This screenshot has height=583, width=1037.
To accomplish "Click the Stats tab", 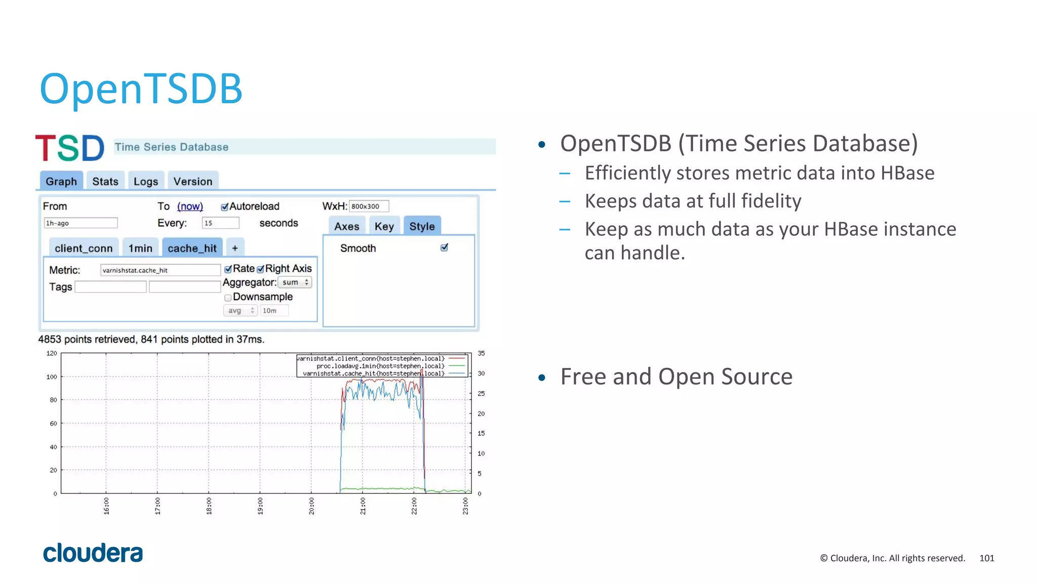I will pyautogui.click(x=105, y=181).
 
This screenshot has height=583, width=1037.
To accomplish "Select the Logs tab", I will pyautogui.click(x=146, y=181).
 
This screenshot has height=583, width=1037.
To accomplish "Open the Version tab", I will pyautogui.click(x=193, y=181).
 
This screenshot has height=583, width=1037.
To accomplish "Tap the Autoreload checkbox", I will pyautogui.click(x=224, y=206).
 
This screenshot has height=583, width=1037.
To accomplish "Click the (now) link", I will pyautogui.click(x=190, y=206).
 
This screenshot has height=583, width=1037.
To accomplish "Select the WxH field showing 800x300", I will pyautogui.click(x=369, y=206).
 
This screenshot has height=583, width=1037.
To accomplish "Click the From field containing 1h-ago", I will pyautogui.click(x=81, y=223).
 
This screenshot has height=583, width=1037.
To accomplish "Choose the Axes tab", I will pyautogui.click(x=346, y=226).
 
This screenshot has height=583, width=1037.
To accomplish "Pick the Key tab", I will pyautogui.click(x=384, y=226).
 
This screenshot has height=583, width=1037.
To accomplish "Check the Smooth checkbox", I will pyautogui.click(x=444, y=247).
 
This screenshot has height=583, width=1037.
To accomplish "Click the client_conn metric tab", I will pyautogui.click(x=84, y=248).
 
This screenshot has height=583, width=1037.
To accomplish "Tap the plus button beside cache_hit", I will pyautogui.click(x=235, y=248).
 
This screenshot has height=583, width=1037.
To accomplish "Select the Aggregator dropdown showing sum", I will pyautogui.click(x=295, y=282).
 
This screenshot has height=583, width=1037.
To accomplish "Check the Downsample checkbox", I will pyautogui.click(x=228, y=298).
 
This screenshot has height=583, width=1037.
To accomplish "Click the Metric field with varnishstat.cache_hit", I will pyautogui.click(x=160, y=270).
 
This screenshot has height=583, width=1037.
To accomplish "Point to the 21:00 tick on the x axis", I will pyautogui.click(x=363, y=506).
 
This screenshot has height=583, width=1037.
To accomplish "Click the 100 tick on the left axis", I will pyautogui.click(x=52, y=377).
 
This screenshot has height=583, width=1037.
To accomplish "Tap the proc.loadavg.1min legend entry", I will pyautogui.click(x=380, y=366).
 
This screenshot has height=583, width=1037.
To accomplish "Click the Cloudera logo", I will pyautogui.click(x=93, y=553).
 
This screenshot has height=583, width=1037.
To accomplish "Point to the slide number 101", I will pyautogui.click(x=986, y=558).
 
